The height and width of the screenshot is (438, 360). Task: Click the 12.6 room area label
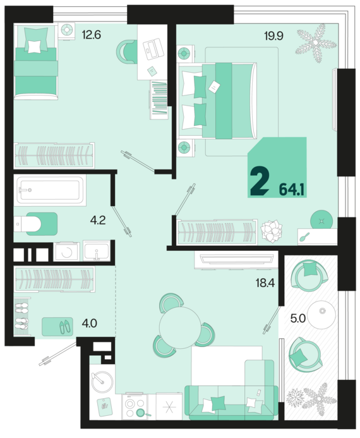91,35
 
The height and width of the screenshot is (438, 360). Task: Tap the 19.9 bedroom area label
273,36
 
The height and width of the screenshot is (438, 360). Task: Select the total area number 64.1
292,190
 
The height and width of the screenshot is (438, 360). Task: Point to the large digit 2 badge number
260,182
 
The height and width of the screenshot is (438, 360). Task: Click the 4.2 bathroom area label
98,221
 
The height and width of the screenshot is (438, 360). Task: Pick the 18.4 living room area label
265,283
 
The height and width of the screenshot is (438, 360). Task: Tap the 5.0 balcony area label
298,319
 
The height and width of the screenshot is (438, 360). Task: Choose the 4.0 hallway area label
89,324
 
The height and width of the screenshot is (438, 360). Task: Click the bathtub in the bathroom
51,190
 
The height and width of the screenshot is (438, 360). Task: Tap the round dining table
180,327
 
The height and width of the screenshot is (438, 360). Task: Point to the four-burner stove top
135,407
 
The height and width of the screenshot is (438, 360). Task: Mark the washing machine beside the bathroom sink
67,252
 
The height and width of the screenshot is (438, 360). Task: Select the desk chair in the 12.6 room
127,51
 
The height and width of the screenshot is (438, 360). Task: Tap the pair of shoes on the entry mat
65,327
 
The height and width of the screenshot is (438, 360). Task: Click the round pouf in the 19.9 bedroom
321,221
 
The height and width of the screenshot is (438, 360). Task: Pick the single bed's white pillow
34,47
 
